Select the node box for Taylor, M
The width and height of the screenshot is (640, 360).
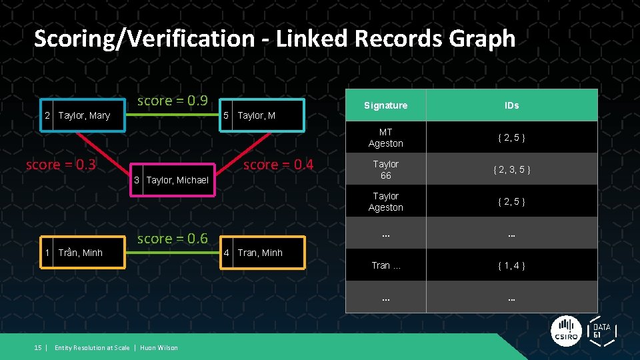pyautogui.click(x=262, y=116)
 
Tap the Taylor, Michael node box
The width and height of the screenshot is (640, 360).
pyautogui.click(x=172, y=180)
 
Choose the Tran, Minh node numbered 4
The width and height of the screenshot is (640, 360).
pyautogui.click(x=262, y=253)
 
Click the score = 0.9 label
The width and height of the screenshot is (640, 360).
pyautogui.click(x=172, y=101)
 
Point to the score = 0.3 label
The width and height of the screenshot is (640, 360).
pyautogui.click(x=61, y=165)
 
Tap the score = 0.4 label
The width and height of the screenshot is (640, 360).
pyautogui.click(x=278, y=165)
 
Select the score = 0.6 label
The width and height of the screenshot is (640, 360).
pyautogui.click(x=172, y=239)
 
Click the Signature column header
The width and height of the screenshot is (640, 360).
pyautogui.click(x=385, y=105)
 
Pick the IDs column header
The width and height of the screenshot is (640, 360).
pyautogui.click(x=511, y=105)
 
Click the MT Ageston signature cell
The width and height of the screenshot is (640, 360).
pyautogui.click(x=385, y=137)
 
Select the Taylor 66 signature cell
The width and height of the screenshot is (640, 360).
pyautogui.click(x=385, y=169)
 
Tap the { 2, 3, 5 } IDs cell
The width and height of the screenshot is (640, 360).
pyautogui.click(x=511, y=169)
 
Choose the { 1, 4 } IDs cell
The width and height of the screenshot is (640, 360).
pyautogui.click(x=511, y=265)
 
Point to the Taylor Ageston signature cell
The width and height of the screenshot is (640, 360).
pyautogui.click(x=385, y=201)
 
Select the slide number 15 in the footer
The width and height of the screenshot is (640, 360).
pyautogui.click(x=38, y=347)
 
